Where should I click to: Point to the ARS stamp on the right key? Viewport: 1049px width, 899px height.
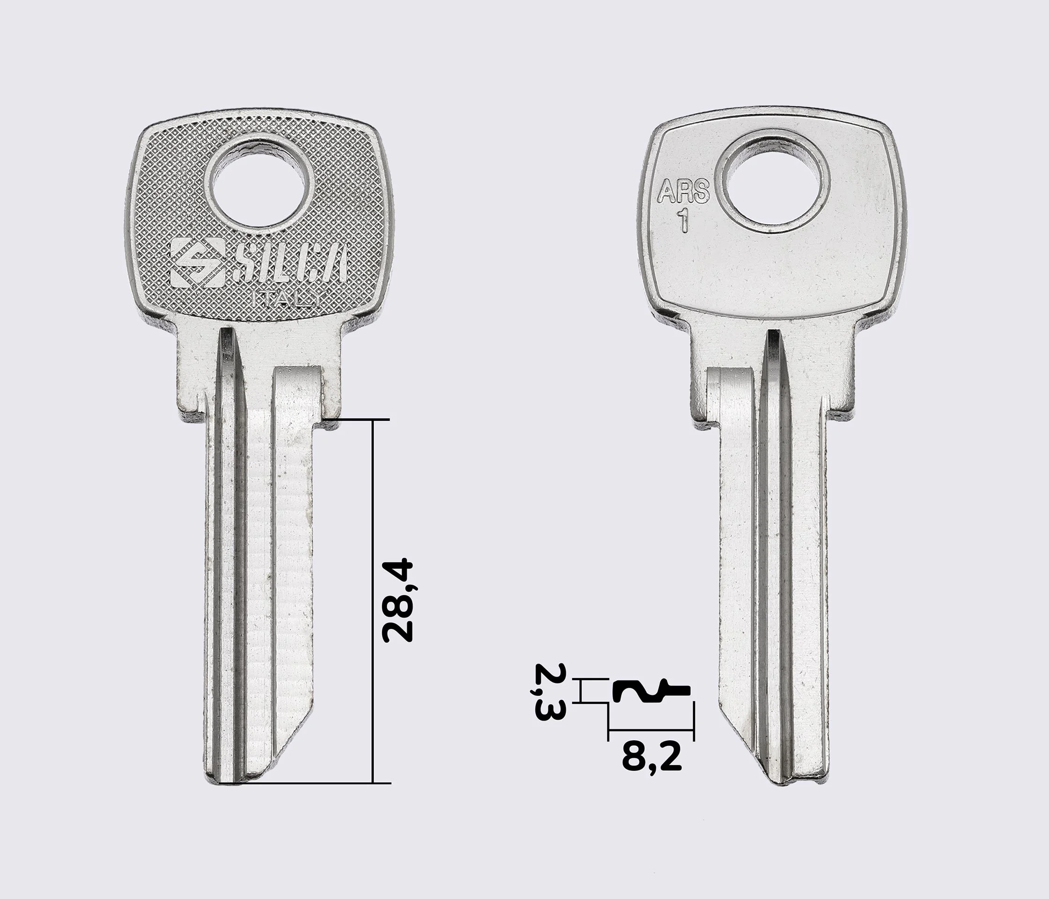683,192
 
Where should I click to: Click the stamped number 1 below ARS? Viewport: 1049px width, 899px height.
684,220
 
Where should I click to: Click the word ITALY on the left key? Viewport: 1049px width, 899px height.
287,299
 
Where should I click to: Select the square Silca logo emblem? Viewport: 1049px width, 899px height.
198,263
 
